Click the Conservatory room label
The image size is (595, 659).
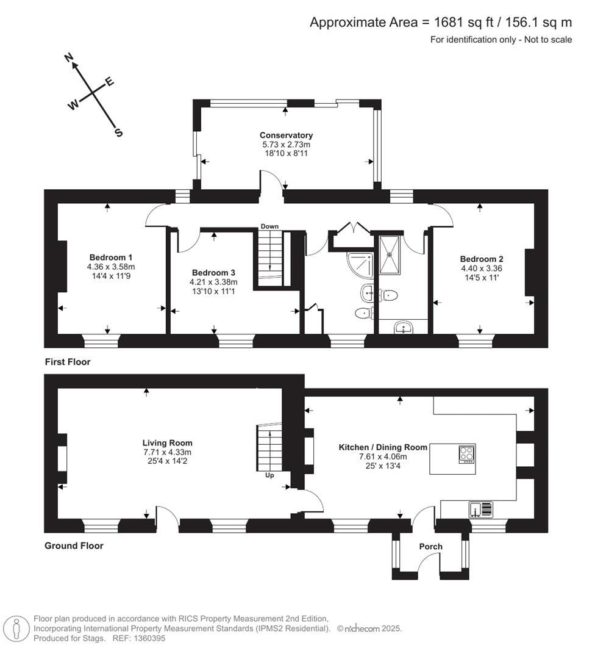coord(286,135)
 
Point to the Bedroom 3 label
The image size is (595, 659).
coord(213,273)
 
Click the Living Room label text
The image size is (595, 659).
coord(167,443)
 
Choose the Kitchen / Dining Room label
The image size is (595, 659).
coord(383,447)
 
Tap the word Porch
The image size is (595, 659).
coord(430,546)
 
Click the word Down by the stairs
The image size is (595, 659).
coord(269,226)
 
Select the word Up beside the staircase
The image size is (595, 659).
coord(269,475)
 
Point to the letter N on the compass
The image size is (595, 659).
coord(69,58)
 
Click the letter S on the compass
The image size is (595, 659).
coord(118,132)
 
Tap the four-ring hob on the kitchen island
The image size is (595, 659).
coord(466,455)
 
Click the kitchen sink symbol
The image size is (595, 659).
coord(481,509)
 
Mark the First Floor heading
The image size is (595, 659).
coord(68,362)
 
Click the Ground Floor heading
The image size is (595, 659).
coord(74,546)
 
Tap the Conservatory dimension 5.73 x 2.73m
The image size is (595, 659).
coord(286,145)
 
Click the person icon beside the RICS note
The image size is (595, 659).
coord(16,628)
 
